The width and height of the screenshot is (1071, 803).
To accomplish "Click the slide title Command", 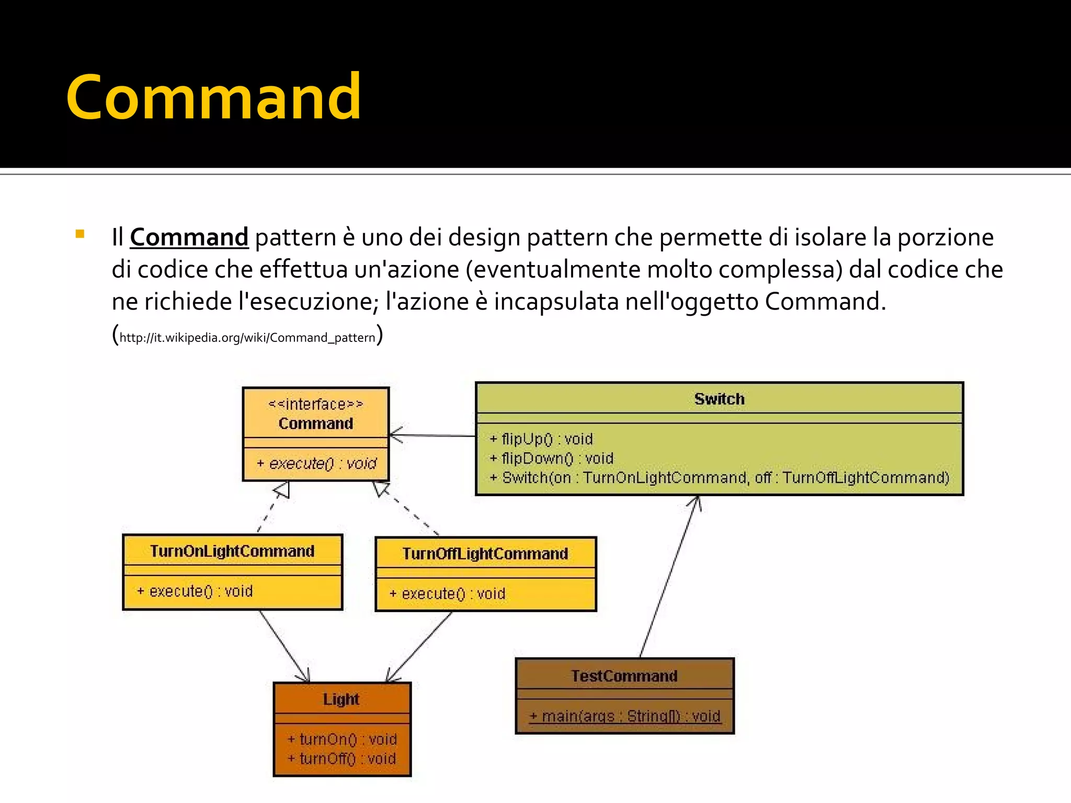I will pyautogui.click(x=213, y=97).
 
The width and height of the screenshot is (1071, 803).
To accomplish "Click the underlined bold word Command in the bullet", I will pyautogui.click(x=189, y=237).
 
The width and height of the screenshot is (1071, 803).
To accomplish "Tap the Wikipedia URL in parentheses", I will pyautogui.click(x=247, y=337).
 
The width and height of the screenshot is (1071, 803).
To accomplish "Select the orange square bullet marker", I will pyautogui.click(x=79, y=234).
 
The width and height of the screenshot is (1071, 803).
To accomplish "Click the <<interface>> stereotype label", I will pyautogui.click(x=315, y=404).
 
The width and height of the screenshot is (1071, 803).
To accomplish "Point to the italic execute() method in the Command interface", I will pyautogui.click(x=316, y=463).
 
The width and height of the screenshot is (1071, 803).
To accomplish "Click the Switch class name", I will pyautogui.click(x=719, y=399).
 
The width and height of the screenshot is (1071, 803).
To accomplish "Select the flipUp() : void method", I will pyautogui.click(x=541, y=439).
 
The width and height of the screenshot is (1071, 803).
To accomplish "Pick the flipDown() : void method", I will pyautogui.click(x=552, y=458).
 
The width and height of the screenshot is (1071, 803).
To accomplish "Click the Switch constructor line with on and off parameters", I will pyautogui.click(x=720, y=477).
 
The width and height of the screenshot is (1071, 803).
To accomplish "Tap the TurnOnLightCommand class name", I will pyautogui.click(x=232, y=551).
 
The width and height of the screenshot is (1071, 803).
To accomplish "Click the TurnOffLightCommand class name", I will pyautogui.click(x=485, y=554).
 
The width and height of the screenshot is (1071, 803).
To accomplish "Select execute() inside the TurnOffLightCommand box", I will pyautogui.click(x=448, y=593).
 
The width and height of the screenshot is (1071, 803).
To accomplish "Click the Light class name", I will pyautogui.click(x=341, y=699).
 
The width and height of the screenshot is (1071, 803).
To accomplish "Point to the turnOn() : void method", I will pyautogui.click(x=342, y=739).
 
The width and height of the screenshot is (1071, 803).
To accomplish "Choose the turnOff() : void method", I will pyautogui.click(x=342, y=758).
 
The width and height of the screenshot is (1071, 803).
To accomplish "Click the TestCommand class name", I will pyautogui.click(x=624, y=676).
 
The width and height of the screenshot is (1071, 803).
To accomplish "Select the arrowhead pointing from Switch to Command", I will pyautogui.click(x=396, y=435).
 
